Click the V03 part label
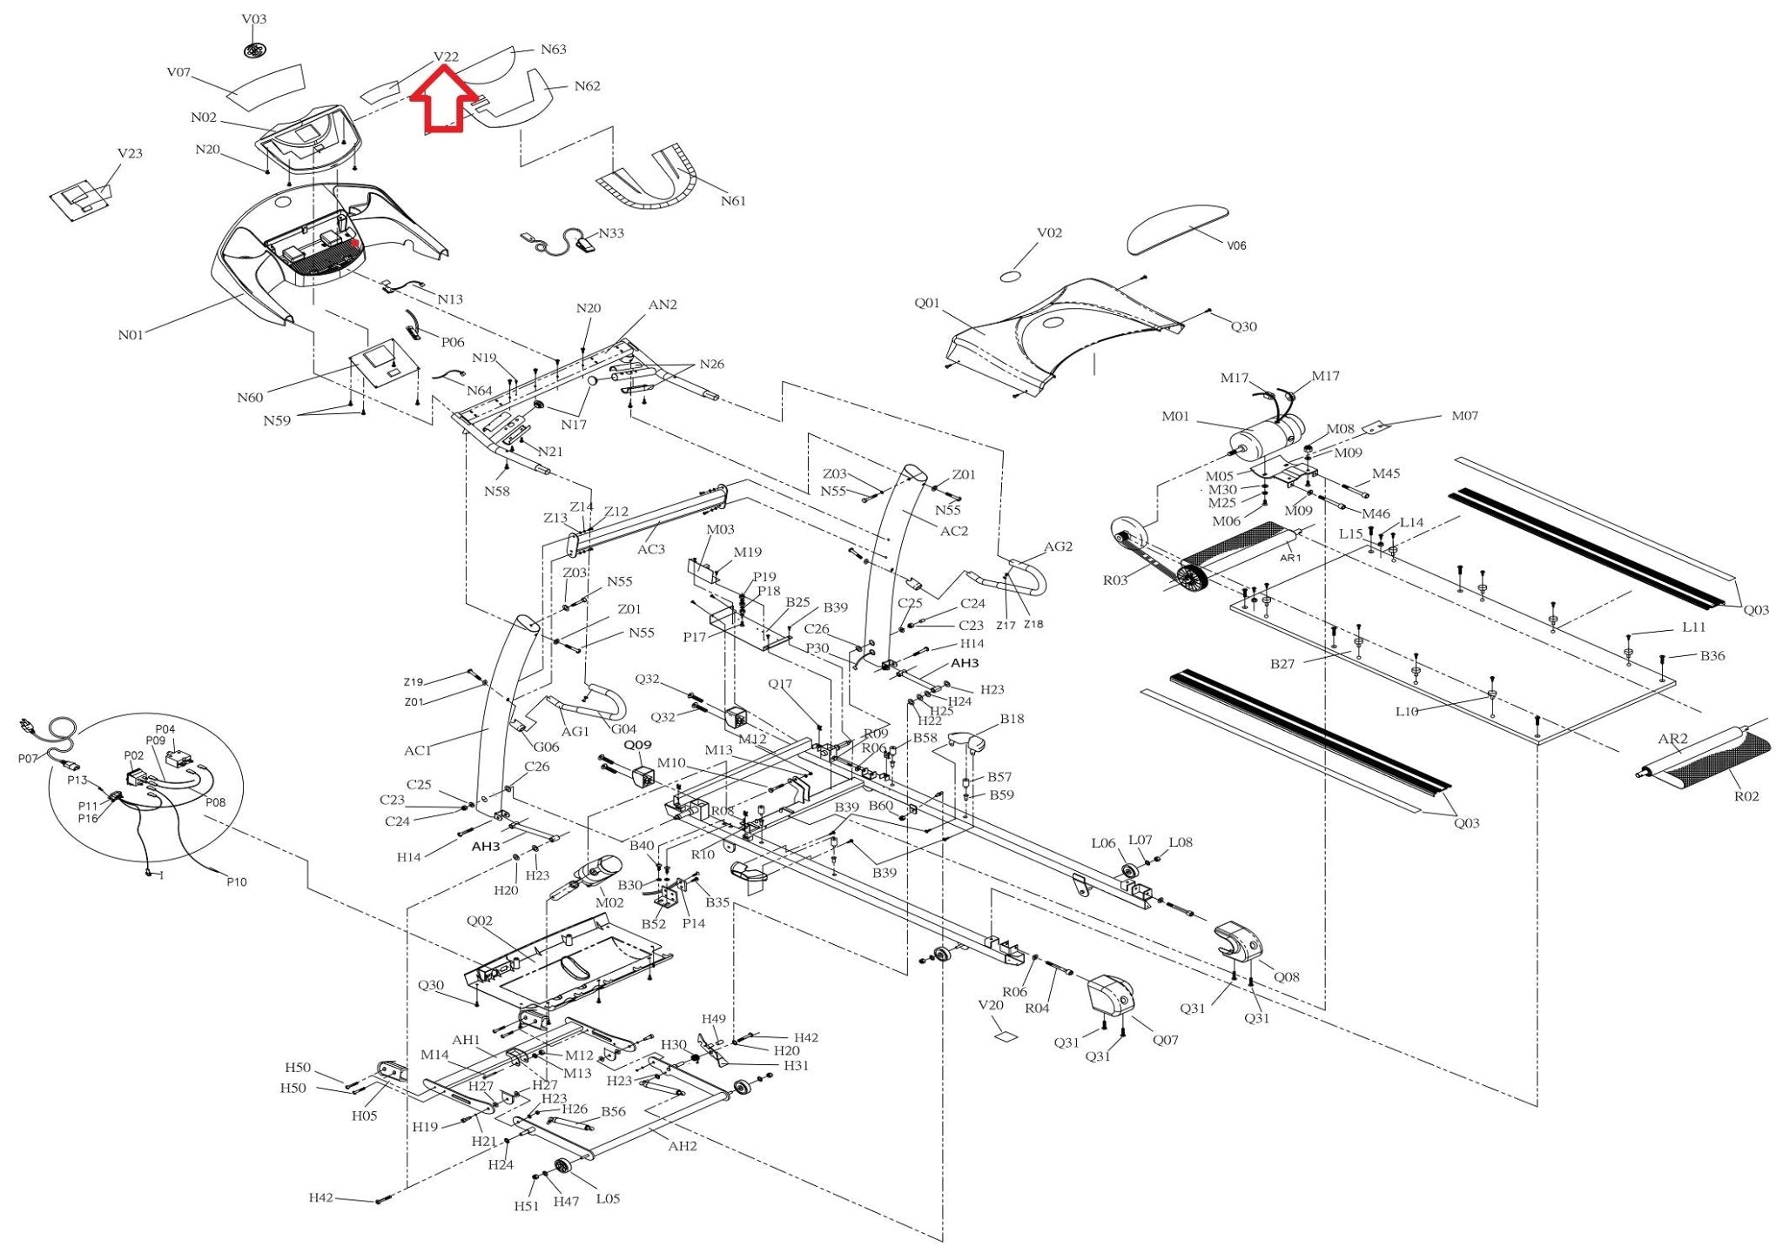[254, 19]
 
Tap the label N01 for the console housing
[131, 335]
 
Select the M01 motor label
[1175, 417]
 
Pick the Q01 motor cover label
[927, 304]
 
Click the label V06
[1236, 245]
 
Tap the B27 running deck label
[1282, 664]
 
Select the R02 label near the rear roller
[1746, 796]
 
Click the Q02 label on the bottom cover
[480, 922]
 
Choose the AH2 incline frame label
[683, 1146]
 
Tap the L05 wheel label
[608, 1198]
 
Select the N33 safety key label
[611, 233]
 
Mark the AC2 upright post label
[954, 531]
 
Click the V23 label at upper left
[130, 153]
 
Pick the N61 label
[733, 201]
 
